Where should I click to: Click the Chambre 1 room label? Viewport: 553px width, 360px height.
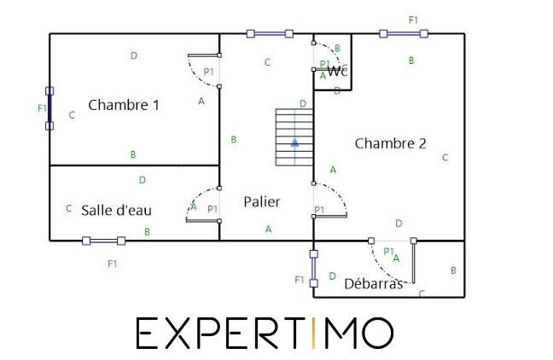click(x=124, y=106)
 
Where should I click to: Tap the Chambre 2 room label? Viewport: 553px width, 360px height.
click(x=390, y=143)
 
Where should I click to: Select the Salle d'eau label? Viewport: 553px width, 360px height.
click(x=117, y=209)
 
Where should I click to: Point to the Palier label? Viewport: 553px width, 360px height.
click(x=261, y=202)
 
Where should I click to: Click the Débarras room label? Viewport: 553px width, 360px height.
click(x=373, y=284)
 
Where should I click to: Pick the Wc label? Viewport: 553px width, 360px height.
click(x=336, y=71)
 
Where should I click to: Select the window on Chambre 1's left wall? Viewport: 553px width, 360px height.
click(x=49, y=107)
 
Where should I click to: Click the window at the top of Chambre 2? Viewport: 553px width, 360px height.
click(x=404, y=34)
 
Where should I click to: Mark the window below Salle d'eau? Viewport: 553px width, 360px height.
click(x=103, y=241)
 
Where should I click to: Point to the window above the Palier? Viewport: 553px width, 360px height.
click(x=270, y=34)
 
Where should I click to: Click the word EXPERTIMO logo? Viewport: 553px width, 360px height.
click(x=265, y=333)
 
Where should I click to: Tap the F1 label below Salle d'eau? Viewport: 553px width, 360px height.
click(x=112, y=264)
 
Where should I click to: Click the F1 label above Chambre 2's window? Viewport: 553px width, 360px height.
click(x=414, y=19)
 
